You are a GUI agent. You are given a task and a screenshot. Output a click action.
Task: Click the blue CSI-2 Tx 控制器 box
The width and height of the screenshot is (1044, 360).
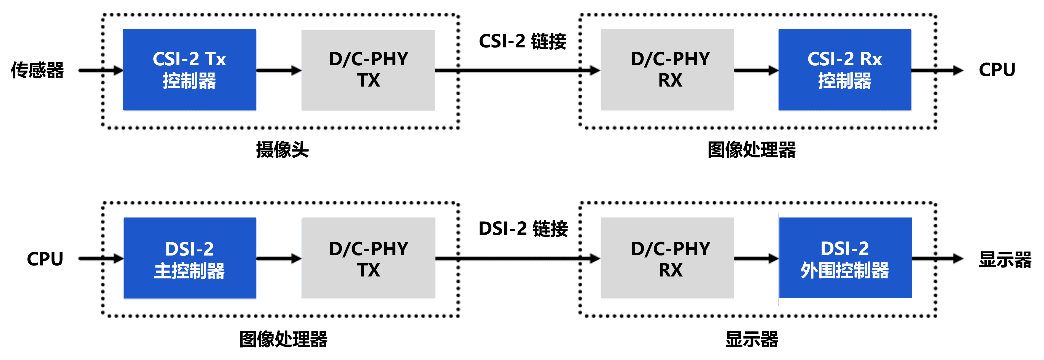click(x=189, y=70)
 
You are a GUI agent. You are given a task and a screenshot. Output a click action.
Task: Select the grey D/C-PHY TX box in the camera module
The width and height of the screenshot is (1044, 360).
click(x=368, y=70)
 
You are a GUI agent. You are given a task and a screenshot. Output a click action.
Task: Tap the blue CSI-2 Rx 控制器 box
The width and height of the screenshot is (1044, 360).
click(x=845, y=70)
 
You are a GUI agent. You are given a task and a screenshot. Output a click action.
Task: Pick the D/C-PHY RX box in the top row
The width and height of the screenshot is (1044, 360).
click(x=667, y=70)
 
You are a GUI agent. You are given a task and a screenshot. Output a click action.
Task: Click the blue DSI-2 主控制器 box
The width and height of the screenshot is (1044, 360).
click(x=189, y=258)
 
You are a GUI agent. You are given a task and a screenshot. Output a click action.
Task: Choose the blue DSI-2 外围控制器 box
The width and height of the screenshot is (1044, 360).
click(x=845, y=258)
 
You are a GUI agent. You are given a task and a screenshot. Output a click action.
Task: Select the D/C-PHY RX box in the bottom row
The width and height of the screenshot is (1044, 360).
click(x=667, y=258)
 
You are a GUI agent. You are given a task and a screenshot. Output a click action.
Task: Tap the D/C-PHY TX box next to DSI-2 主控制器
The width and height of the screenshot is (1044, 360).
click(x=368, y=258)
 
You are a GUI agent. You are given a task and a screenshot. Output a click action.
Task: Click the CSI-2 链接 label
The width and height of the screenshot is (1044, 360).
click(x=522, y=41)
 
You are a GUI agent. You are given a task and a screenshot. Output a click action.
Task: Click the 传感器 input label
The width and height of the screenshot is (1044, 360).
click(x=37, y=70)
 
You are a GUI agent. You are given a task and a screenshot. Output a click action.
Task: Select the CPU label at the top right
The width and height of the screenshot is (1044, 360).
click(x=997, y=70)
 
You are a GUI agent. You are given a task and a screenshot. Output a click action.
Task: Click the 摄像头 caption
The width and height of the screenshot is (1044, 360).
click(x=282, y=150)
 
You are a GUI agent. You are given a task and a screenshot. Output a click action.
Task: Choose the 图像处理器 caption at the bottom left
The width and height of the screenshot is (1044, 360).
click(x=283, y=339)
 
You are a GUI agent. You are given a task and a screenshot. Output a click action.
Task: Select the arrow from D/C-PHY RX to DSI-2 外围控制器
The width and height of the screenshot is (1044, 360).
click(x=756, y=258)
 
